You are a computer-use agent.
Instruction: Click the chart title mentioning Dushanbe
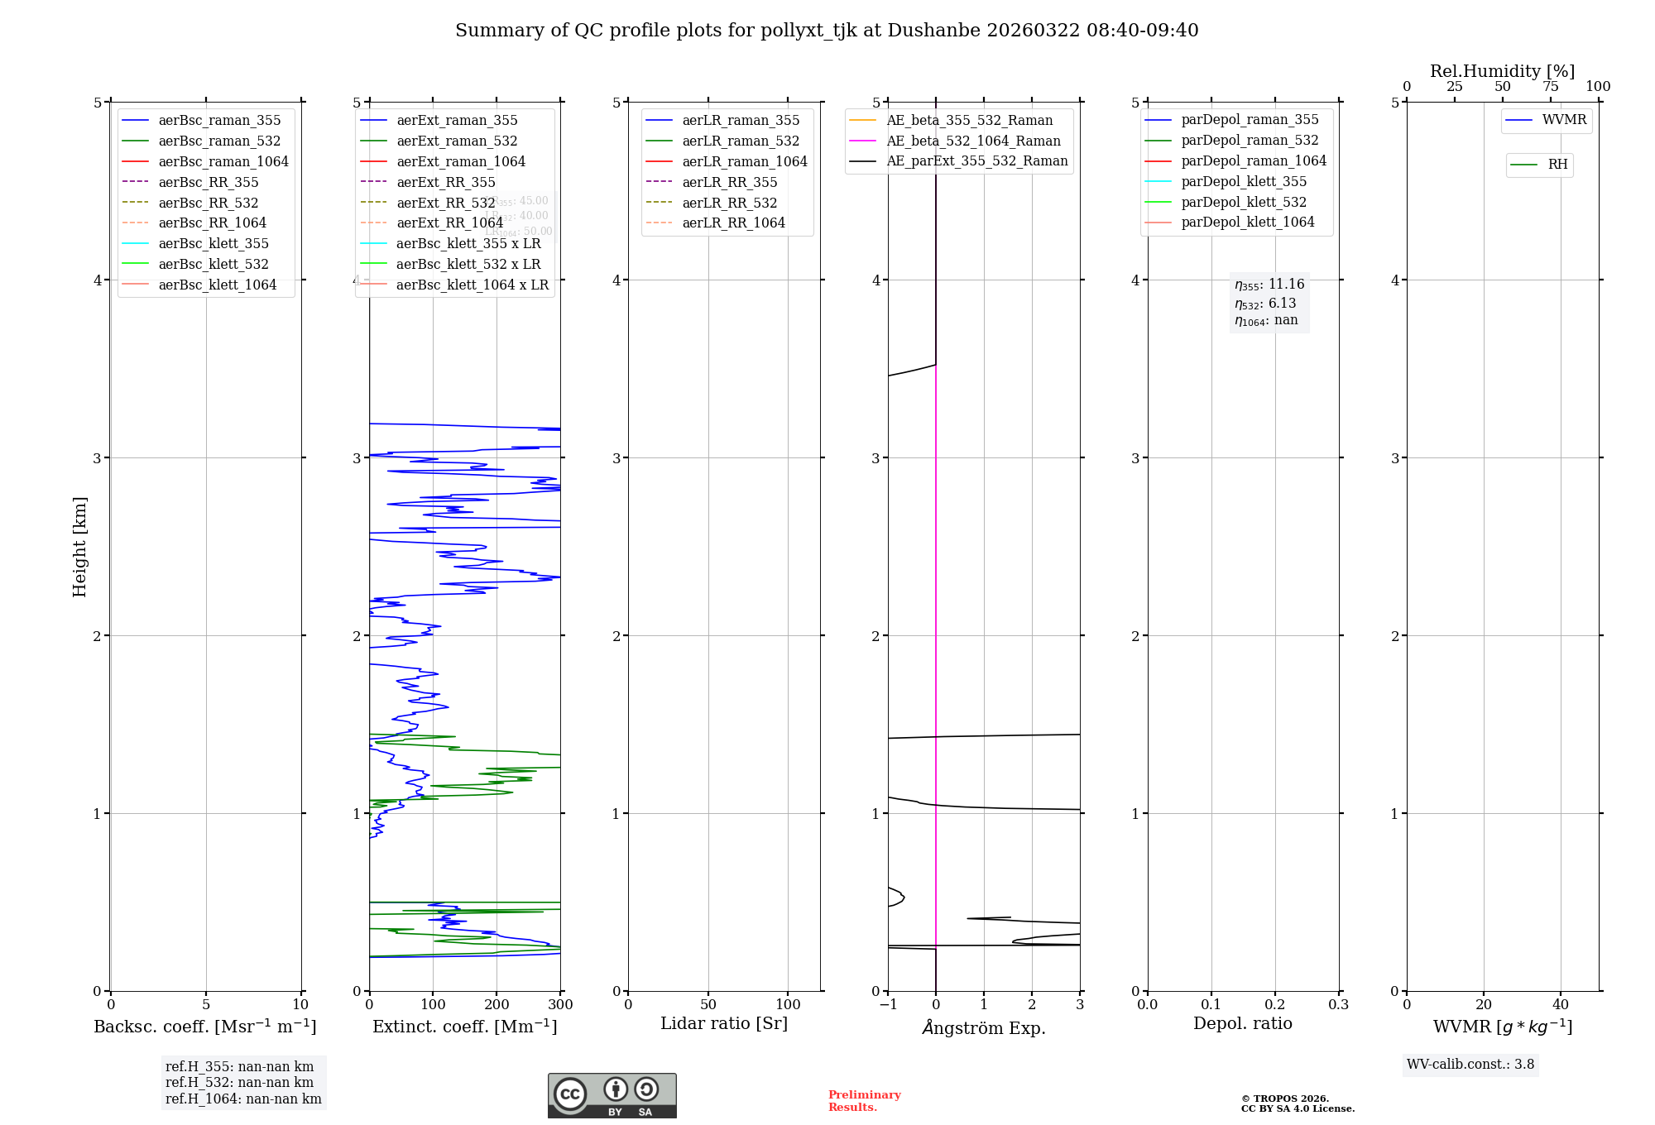point(827,31)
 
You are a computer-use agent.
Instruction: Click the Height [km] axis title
point(79,547)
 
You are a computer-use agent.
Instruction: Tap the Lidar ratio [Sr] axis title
point(724,1024)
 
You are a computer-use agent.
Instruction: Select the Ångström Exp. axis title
point(984,1028)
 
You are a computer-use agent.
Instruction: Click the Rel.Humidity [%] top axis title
point(1502,71)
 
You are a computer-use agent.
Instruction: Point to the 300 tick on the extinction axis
point(560,1005)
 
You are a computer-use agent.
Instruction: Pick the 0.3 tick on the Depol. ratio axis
point(1338,1005)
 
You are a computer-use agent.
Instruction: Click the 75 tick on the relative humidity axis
point(1550,87)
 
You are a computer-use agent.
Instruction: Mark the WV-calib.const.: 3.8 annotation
point(1470,1065)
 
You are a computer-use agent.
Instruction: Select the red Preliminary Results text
point(864,1101)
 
